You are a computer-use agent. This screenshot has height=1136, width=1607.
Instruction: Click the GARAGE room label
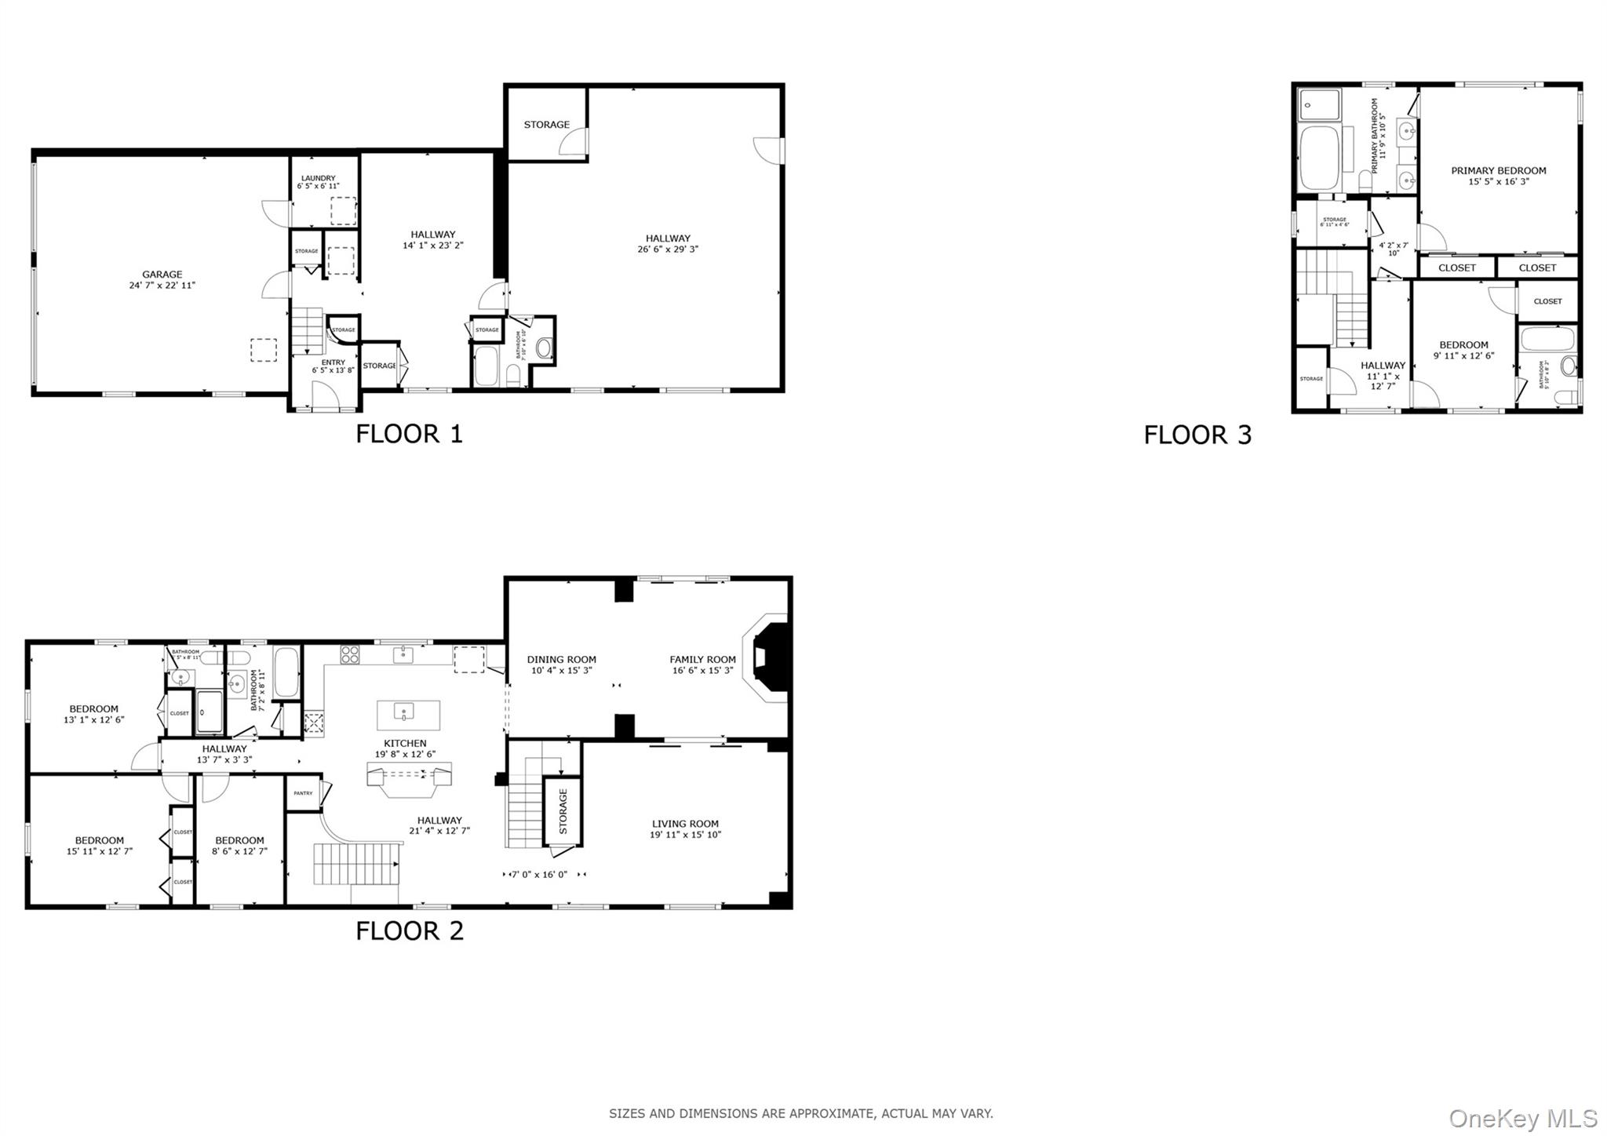(x=162, y=275)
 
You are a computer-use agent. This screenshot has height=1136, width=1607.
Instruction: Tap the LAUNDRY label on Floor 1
(x=318, y=178)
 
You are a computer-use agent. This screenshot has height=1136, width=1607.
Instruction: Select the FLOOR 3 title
(x=1197, y=435)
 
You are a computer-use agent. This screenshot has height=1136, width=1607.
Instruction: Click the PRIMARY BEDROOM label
(x=1498, y=170)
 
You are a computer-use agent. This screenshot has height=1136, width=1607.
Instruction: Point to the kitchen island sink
(x=404, y=714)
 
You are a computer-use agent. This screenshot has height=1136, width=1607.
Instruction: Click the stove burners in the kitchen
(x=349, y=654)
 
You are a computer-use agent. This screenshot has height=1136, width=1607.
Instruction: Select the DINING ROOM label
(x=561, y=660)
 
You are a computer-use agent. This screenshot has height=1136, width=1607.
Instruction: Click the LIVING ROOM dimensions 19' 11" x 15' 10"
(x=685, y=835)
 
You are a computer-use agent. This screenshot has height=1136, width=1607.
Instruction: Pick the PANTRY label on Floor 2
(x=303, y=793)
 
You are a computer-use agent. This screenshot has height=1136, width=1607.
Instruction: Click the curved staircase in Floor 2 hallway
(x=357, y=863)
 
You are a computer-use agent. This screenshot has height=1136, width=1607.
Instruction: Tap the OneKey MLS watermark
(x=1522, y=1118)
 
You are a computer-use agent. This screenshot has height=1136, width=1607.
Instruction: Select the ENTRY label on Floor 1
(x=333, y=362)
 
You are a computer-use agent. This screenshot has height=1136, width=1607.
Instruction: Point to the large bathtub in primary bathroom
(x=1318, y=159)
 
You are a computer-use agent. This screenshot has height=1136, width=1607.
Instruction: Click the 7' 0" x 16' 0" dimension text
(x=538, y=874)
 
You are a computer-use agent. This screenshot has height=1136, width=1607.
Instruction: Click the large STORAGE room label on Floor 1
(x=546, y=125)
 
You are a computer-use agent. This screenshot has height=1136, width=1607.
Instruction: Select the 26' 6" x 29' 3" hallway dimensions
(x=668, y=249)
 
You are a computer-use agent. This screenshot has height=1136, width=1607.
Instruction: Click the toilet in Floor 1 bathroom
(x=544, y=347)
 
